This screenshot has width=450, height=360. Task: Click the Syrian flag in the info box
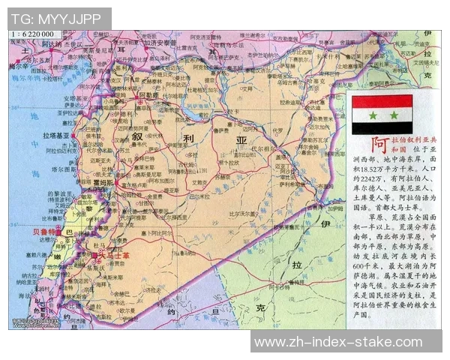click(382, 114)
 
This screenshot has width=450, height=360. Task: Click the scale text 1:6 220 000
click(32, 35)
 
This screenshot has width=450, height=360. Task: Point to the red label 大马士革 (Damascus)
click(113, 255)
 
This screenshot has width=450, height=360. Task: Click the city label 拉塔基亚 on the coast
click(55, 135)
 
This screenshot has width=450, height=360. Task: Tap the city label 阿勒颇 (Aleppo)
click(148, 96)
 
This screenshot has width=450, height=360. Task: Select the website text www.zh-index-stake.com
click(338, 342)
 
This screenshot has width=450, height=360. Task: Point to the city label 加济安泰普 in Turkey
click(161, 43)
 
